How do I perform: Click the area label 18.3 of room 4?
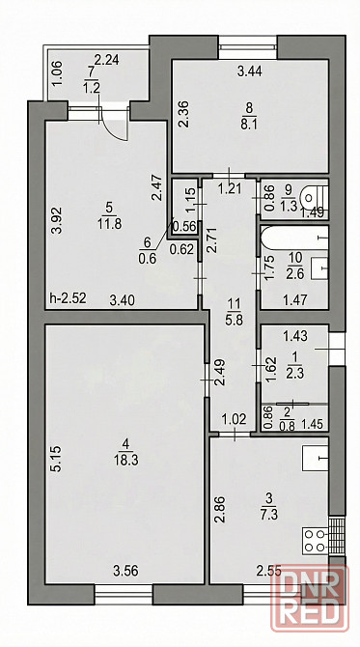coord(125,460)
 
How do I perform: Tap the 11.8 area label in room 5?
coord(109,224)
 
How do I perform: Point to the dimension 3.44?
coord(250,71)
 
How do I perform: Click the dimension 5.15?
coord(57,458)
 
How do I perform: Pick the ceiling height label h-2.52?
coord(68,298)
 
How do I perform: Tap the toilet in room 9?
coord(315,197)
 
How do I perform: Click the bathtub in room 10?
coord(294,239)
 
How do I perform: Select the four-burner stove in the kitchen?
coord(316,541)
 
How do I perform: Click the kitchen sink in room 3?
coord(315,458)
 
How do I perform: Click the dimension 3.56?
coord(125,571)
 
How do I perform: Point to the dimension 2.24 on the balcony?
coord(107,60)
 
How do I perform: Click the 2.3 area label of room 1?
coord(295,375)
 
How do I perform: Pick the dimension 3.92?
coord(57,220)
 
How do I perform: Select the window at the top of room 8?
coord(247,47)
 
